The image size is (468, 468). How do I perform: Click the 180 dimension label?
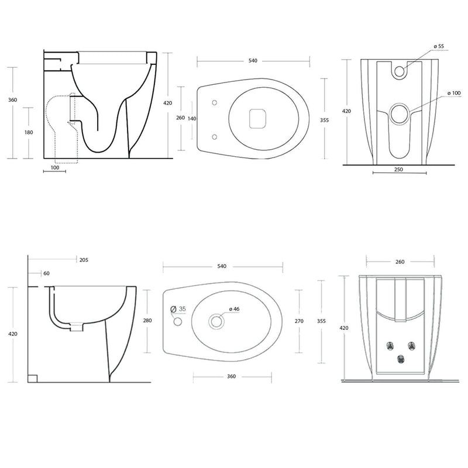[29, 132]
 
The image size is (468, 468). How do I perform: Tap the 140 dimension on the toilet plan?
[192, 119]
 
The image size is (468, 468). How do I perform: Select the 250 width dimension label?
[398, 170]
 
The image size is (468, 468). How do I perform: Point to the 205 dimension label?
[84, 260]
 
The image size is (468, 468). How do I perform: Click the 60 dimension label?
[47, 273]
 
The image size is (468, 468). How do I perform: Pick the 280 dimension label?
[147, 321]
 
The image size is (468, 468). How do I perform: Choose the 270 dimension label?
[299, 321]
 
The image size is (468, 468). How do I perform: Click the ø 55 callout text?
[439, 46]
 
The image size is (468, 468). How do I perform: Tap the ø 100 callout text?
[454, 93]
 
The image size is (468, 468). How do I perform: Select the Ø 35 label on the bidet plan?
[178, 309]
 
